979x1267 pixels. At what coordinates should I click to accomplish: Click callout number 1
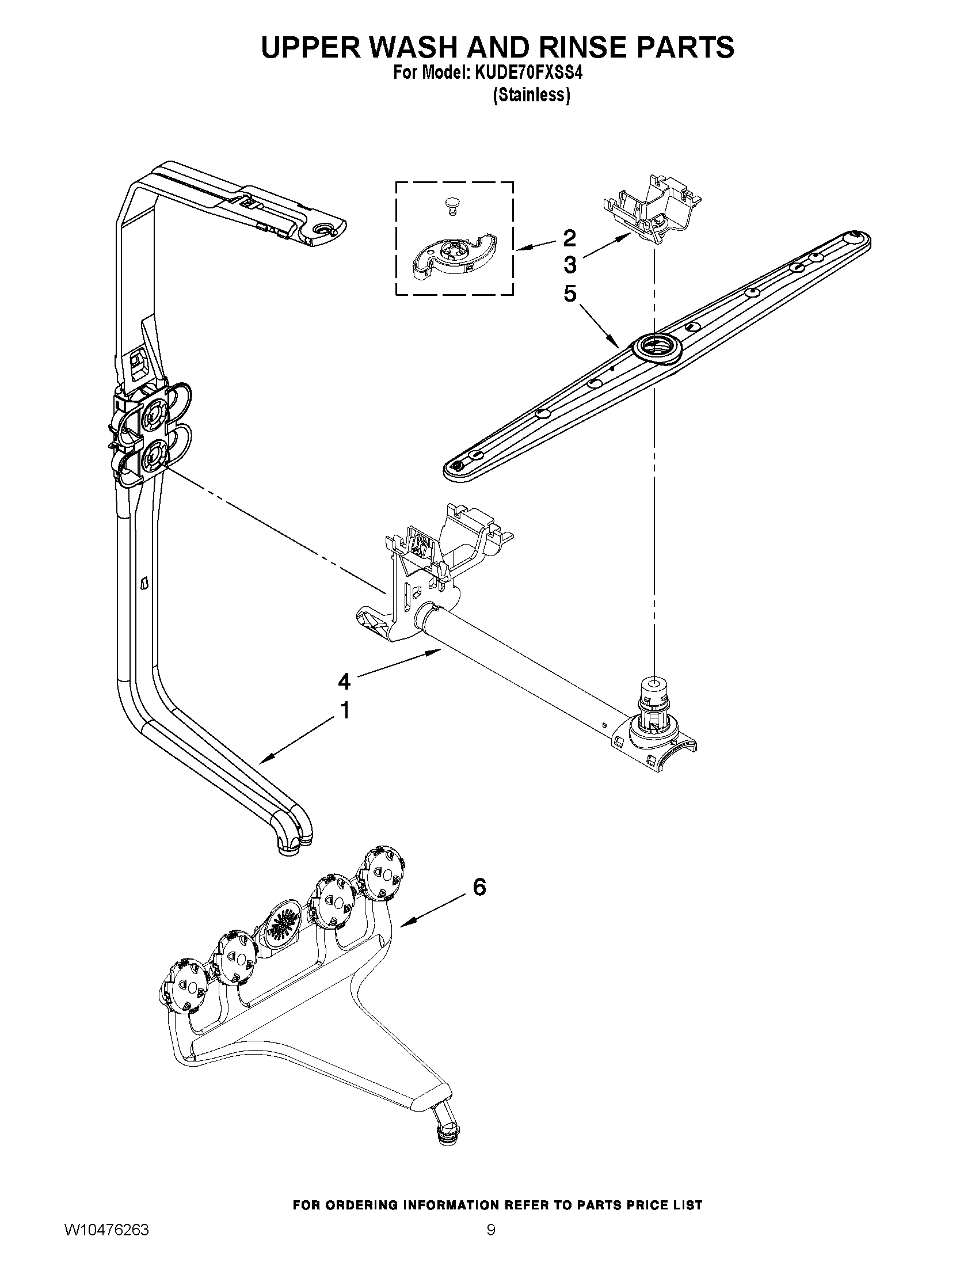(x=345, y=710)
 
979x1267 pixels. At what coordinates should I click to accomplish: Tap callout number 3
(x=570, y=265)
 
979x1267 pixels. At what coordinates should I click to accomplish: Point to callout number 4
(x=344, y=681)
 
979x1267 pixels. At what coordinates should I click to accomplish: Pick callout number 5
(x=570, y=294)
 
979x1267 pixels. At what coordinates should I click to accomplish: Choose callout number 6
(x=479, y=886)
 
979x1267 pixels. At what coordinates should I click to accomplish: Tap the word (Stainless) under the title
(x=531, y=94)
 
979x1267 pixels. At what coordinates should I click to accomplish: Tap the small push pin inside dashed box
(x=451, y=204)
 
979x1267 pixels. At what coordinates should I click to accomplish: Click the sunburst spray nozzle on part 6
(x=283, y=927)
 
